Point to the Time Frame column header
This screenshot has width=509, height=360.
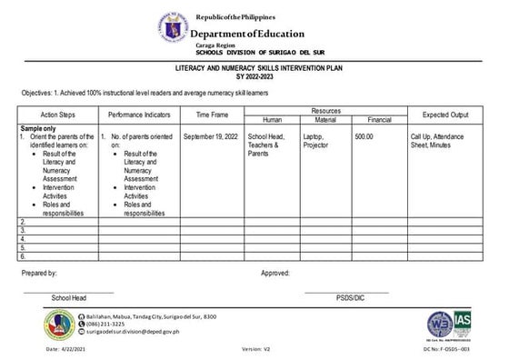tap(212, 115)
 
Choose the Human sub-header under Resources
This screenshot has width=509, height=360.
tap(272, 120)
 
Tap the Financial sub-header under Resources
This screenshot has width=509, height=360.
tap(379, 120)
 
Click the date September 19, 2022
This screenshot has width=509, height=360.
tap(211, 136)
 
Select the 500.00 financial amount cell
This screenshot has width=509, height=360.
tap(364, 136)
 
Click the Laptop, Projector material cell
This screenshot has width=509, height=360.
tap(317, 140)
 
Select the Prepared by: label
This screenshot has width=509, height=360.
tap(38, 273)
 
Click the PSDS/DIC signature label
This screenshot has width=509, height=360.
tap(350, 297)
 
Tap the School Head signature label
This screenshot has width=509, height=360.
tap(69, 297)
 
